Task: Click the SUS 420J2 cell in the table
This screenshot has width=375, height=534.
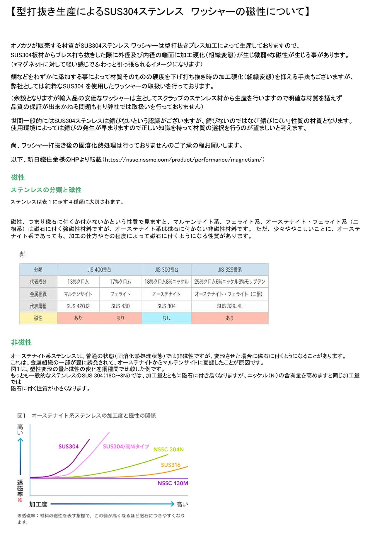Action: [78, 306]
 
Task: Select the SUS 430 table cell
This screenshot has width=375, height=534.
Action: [120, 306]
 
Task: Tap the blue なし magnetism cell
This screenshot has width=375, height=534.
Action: [166, 318]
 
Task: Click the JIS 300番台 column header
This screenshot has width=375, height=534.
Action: [166, 269]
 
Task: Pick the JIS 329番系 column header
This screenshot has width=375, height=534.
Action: [230, 269]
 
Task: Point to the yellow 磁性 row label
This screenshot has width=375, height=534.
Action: [38, 318]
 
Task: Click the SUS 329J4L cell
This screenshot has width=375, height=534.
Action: [230, 306]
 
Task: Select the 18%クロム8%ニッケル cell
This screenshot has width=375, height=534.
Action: [166, 282]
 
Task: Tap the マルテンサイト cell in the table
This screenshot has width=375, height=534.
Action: [78, 294]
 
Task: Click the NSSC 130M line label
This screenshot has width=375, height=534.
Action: [173, 483]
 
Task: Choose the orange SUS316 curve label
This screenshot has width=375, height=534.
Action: [171, 465]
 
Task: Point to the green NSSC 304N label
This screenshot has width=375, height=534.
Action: [168, 449]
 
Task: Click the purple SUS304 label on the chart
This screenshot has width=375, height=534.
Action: [69, 446]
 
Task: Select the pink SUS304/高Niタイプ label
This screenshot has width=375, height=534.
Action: [126, 446]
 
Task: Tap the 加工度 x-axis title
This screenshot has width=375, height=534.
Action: [38, 504]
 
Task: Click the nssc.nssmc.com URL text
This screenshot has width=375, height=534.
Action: [185, 160]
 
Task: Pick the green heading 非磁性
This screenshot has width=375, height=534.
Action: [21, 342]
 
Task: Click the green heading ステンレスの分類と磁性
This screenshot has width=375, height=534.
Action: [46, 190]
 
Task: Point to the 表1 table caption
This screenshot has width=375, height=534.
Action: [23, 254]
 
